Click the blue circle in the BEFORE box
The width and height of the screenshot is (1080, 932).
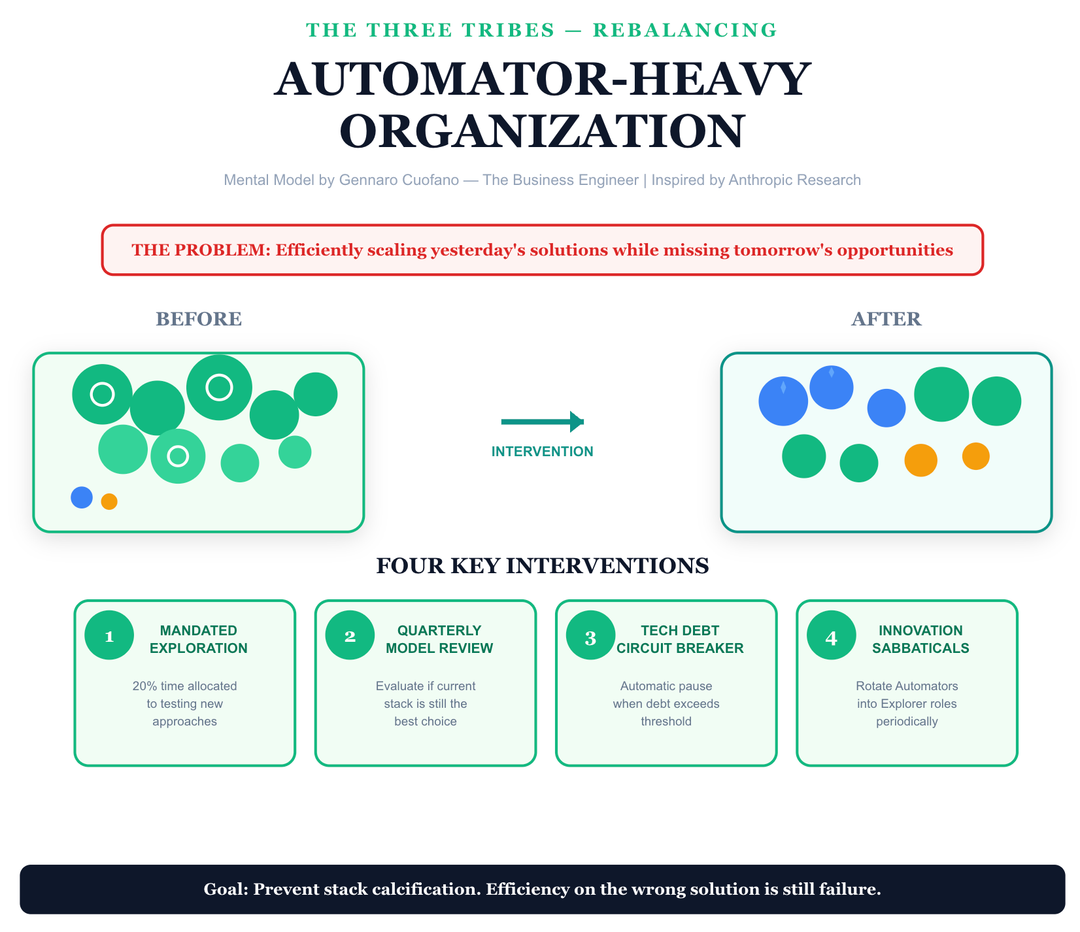point(82,497)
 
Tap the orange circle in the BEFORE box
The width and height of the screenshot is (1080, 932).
point(109,501)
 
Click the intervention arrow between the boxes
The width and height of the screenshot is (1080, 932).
point(542,422)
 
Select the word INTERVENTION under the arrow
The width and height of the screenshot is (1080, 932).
point(543,452)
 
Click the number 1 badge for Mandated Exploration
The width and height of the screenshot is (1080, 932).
point(109,635)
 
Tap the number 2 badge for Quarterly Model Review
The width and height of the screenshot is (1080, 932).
point(350,635)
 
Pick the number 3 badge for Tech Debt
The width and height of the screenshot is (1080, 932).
point(590,635)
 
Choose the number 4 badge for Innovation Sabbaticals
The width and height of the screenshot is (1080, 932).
point(831,635)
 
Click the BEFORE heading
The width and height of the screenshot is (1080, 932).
point(199,319)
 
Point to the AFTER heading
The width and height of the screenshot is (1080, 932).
point(886,319)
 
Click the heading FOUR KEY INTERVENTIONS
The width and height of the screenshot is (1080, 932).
point(543,566)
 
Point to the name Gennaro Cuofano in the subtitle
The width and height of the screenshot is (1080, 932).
point(399,180)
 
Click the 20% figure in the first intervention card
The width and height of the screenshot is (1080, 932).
point(144,686)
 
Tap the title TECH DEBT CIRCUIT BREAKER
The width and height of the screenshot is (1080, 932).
point(680,640)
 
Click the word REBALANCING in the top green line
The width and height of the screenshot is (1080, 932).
point(685,30)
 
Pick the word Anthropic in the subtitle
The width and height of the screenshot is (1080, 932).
point(757,180)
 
